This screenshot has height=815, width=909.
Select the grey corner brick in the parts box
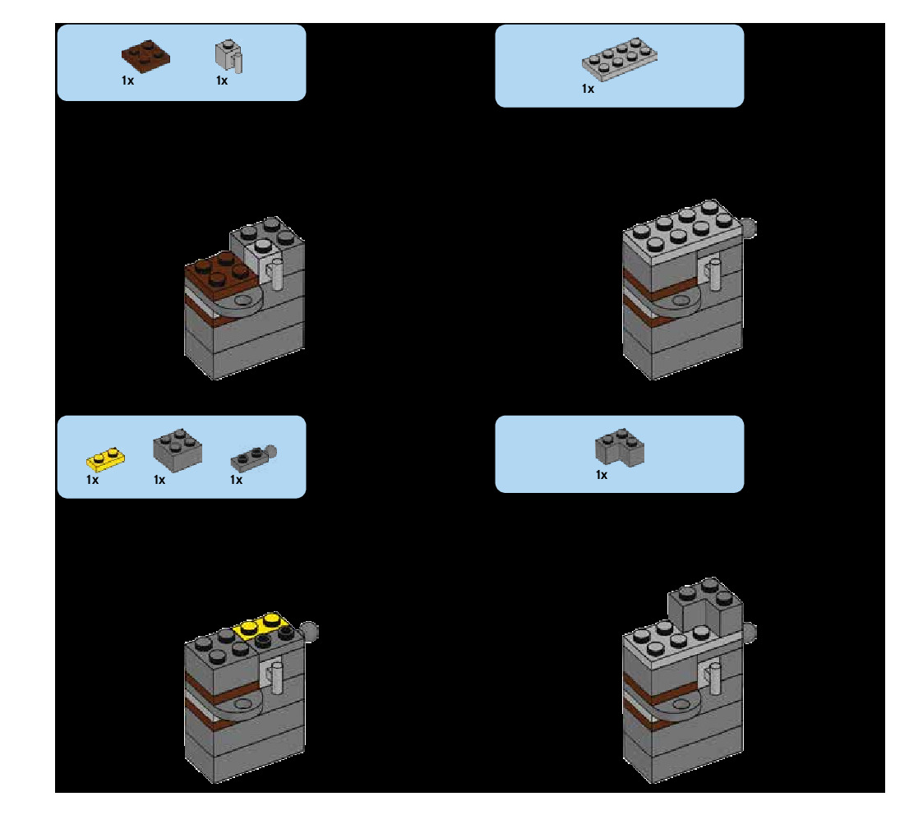coord(619,449)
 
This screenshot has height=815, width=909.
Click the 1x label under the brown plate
coord(127,81)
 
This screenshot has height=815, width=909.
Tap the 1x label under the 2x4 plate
coord(588,89)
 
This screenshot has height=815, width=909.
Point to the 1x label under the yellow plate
coord(92,480)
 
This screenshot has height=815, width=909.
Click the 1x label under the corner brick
coord(602,475)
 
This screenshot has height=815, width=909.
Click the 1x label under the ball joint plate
coord(236,480)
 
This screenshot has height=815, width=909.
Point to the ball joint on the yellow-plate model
coord(311,630)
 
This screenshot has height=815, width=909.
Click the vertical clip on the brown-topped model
coord(276,274)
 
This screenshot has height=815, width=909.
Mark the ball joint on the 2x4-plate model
coord(749,227)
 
